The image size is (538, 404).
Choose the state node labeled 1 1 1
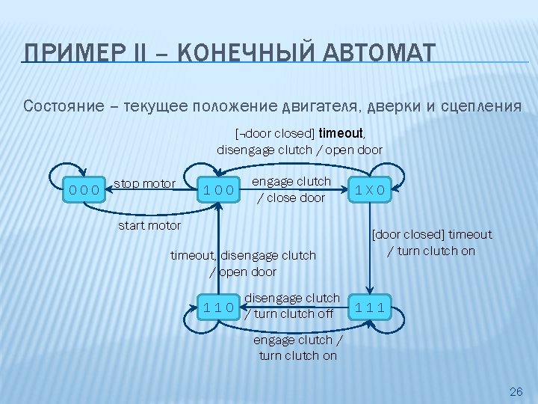tap(371, 305)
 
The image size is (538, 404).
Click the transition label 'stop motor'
tap(144, 183)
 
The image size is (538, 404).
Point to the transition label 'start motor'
tap(149, 225)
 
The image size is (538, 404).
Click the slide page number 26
tap(515, 391)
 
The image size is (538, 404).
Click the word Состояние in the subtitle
tap(64, 105)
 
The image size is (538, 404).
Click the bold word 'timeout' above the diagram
tap(341, 134)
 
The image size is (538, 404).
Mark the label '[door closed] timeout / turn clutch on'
tap(431, 242)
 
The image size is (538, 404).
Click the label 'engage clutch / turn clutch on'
tap(297, 348)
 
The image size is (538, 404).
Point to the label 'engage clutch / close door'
tap(291, 189)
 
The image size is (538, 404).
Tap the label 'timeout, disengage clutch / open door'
tap(243, 263)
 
